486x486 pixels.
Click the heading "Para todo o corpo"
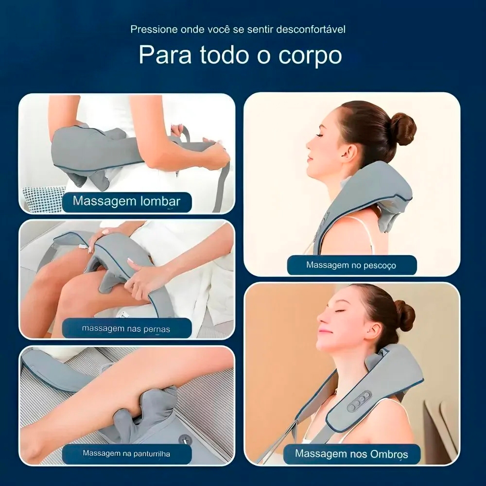point(240,55)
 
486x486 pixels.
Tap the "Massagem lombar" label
point(126,202)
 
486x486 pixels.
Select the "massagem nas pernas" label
point(126,329)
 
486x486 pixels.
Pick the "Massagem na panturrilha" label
point(126,454)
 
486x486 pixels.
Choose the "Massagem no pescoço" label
point(351,265)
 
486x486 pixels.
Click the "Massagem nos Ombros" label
point(351,454)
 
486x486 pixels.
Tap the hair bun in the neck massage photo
point(403,129)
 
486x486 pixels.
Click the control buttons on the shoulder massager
point(359,401)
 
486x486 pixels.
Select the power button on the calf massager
point(185,439)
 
